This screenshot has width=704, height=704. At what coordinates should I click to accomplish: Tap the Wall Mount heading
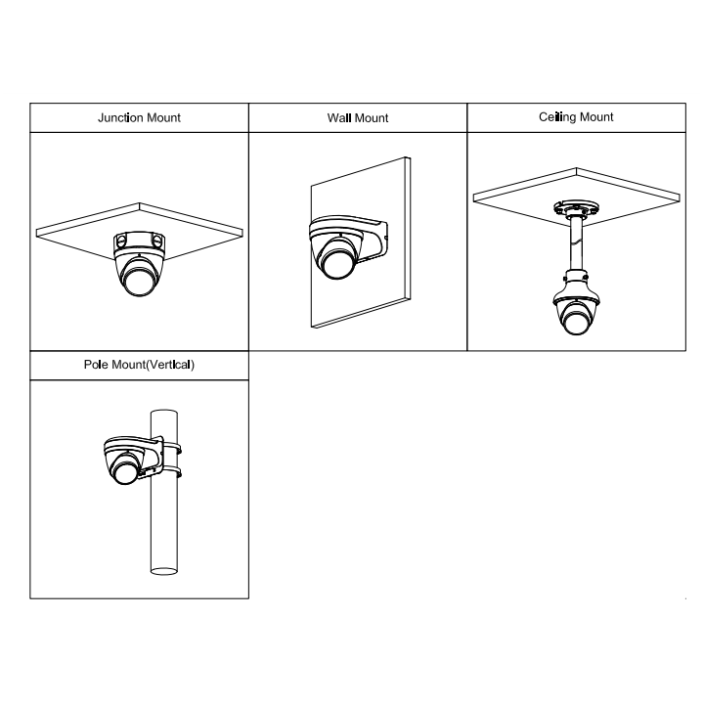(x=358, y=117)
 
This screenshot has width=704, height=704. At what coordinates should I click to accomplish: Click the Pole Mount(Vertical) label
(x=139, y=364)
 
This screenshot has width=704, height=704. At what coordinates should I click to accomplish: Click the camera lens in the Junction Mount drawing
(x=139, y=282)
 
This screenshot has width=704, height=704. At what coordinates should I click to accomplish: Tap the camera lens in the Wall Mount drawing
(x=337, y=264)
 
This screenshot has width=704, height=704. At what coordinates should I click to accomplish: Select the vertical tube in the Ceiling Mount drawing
(x=577, y=242)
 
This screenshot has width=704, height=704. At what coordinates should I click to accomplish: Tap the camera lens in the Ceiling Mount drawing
(x=576, y=322)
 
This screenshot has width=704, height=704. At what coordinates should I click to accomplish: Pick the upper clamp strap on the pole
(x=172, y=448)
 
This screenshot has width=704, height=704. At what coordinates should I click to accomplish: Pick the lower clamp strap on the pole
(x=172, y=472)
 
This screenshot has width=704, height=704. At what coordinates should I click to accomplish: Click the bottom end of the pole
(x=164, y=571)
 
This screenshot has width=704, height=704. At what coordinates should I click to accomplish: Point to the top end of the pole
(x=164, y=413)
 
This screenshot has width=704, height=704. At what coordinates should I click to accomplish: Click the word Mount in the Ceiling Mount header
(x=596, y=116)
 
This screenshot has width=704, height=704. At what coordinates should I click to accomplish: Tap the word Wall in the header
(x=339, y=117)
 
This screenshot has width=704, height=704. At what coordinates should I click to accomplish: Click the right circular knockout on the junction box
(x=157, y=242)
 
